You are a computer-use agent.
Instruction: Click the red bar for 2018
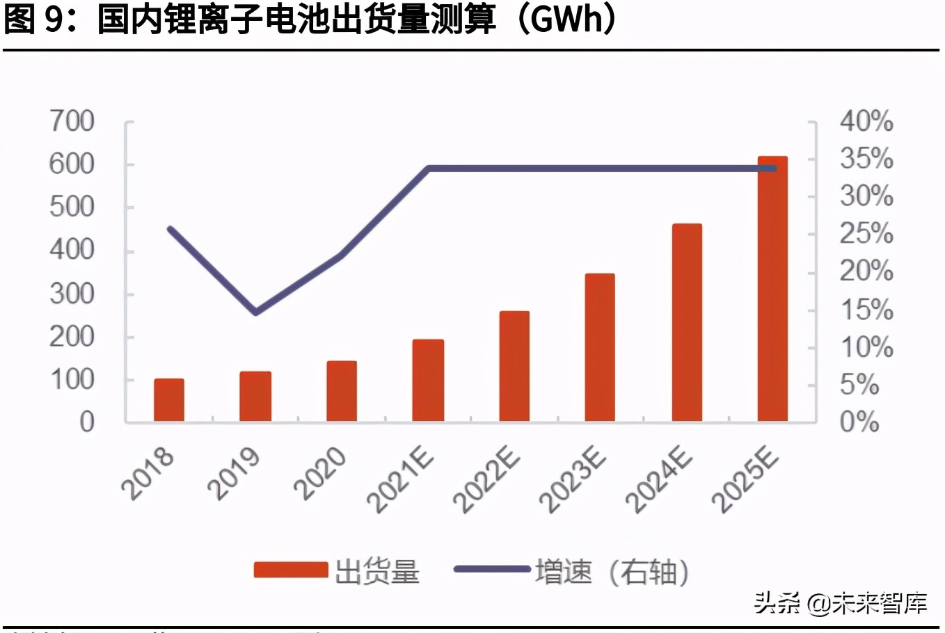click(x=169, y=400)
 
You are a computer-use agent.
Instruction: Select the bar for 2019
click(x=255, y=396)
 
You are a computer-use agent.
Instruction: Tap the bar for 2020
click(x=342, y=391)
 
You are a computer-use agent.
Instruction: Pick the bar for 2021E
click(x=428, y=380)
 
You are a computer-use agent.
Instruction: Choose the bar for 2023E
click(x=600, y=348)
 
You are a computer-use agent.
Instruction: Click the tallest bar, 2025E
click(x=772, y=289)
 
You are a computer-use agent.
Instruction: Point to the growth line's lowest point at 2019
click(x=256, y=312)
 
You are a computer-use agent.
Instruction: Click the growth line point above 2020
click(x=342, y=255)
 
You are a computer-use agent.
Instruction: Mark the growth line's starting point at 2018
click(x=170, y=229)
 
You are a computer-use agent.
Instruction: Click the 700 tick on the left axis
click(x=72, y=122)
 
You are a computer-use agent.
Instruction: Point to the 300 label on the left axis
click(x=72, y=294)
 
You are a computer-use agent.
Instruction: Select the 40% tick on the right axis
click(x=866, y=122)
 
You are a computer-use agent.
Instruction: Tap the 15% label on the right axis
click(x=866, y=310)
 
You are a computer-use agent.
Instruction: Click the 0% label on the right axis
click(x=859, y=422)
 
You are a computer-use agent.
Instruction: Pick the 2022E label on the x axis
click(x=487, y=480)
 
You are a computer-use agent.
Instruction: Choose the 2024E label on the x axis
click(x=659, y=480)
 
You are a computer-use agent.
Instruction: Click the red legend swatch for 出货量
click(x=290, y=570)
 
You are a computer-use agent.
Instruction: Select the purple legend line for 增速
click(x=492, y=569)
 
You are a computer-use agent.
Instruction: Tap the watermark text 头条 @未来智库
click(x=841, y=602)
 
